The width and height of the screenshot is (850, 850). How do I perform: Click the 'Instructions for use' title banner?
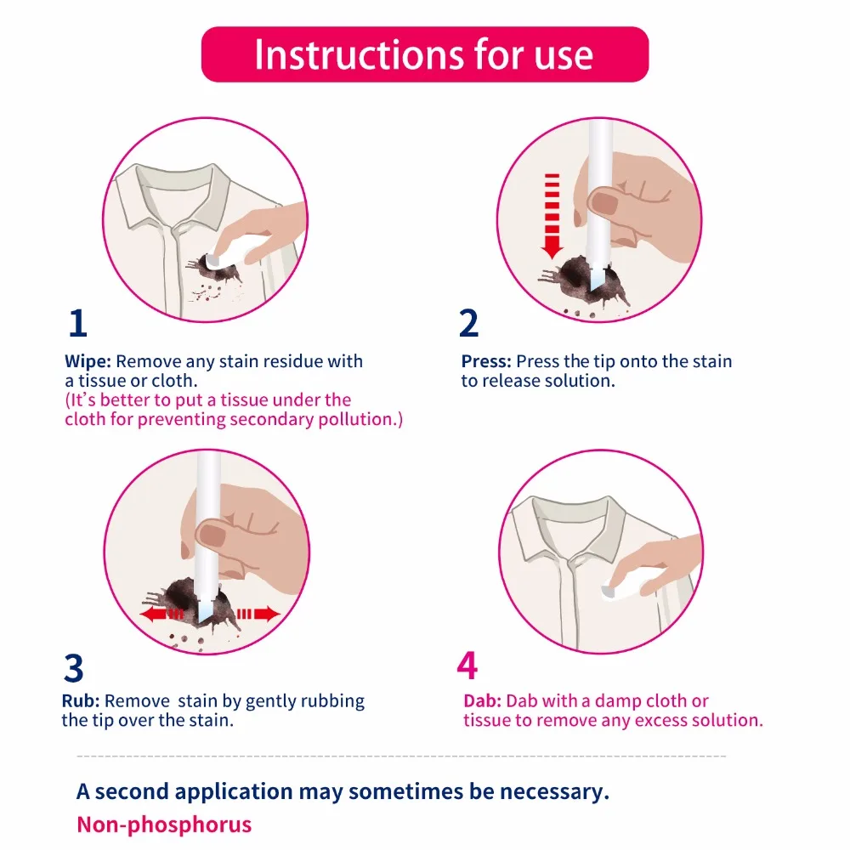coord(424,54)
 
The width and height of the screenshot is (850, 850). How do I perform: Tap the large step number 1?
coord(78,323)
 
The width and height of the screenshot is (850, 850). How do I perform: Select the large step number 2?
coord(469,323)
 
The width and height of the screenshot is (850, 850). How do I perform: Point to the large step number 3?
coord(74,668)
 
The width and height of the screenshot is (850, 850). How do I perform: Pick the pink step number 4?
coord(467,666)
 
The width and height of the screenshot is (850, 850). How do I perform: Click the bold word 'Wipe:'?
coord(88,361)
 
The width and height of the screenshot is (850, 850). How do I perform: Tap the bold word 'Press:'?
coord(486,361)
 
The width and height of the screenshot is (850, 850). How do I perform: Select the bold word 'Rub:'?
coord(81,701)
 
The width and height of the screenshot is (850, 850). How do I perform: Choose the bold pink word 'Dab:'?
coord(483,701)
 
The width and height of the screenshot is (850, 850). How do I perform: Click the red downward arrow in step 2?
coord(552,216)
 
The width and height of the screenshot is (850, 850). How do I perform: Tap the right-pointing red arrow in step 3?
coord(258,615)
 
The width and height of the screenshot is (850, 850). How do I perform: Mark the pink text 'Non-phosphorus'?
coord(164,824)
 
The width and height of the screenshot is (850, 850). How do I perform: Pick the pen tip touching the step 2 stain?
coord(597,276)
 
